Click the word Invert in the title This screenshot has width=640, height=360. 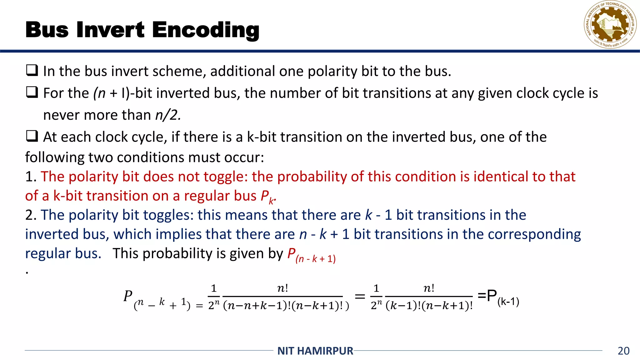[110, 30]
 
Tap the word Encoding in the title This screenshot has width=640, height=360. [206, 31]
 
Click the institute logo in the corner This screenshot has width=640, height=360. [610, 25]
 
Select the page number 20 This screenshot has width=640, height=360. [623, 351]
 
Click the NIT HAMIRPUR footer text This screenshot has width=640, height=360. [315, 351]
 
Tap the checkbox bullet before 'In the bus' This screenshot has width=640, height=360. [32, 70]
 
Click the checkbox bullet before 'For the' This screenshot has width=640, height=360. [32, 92]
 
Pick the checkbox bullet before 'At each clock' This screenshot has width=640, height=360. [32, 136]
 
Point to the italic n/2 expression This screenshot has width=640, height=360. [168, 115]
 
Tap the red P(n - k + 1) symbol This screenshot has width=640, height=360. [311, 255]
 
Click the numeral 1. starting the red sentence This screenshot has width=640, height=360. [31, 177]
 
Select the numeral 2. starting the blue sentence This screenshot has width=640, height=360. [31, 215]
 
